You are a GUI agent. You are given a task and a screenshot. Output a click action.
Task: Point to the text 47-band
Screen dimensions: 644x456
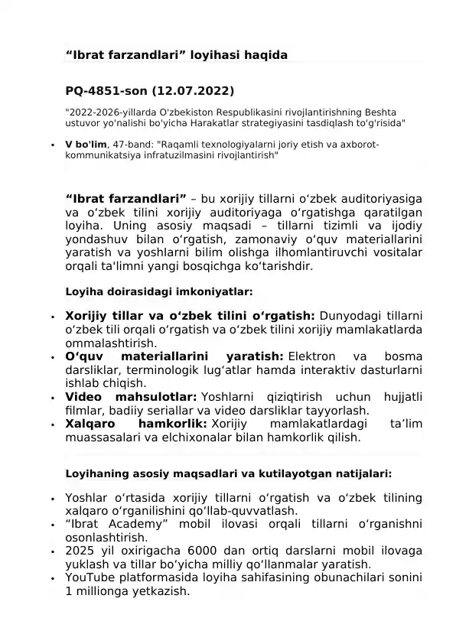coord(132,143)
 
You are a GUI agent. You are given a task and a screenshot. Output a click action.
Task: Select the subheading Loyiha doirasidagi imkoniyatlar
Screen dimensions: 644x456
coord(159,291)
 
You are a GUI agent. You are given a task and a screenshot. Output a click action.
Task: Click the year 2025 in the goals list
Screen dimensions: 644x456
coord(80,551)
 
